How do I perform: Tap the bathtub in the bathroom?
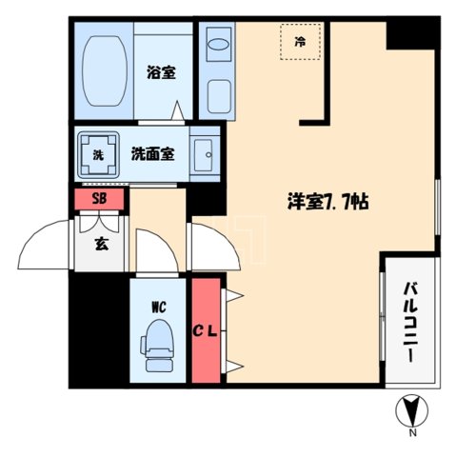pyautogui.click(x=104, y=69)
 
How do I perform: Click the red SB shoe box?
pyautogui.click(x=99, y=200)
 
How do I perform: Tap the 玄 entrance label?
pyautogui.click(x=101, y=242)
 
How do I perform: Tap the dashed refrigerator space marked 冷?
pyautogui.click(x=301, y=42)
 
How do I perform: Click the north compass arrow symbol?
pyautogui.click(x=412, y=411)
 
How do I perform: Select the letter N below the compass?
pyautogui.click(x=413, y=433)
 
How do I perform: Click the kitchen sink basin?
pyautogui.click(x=217, y=42)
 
